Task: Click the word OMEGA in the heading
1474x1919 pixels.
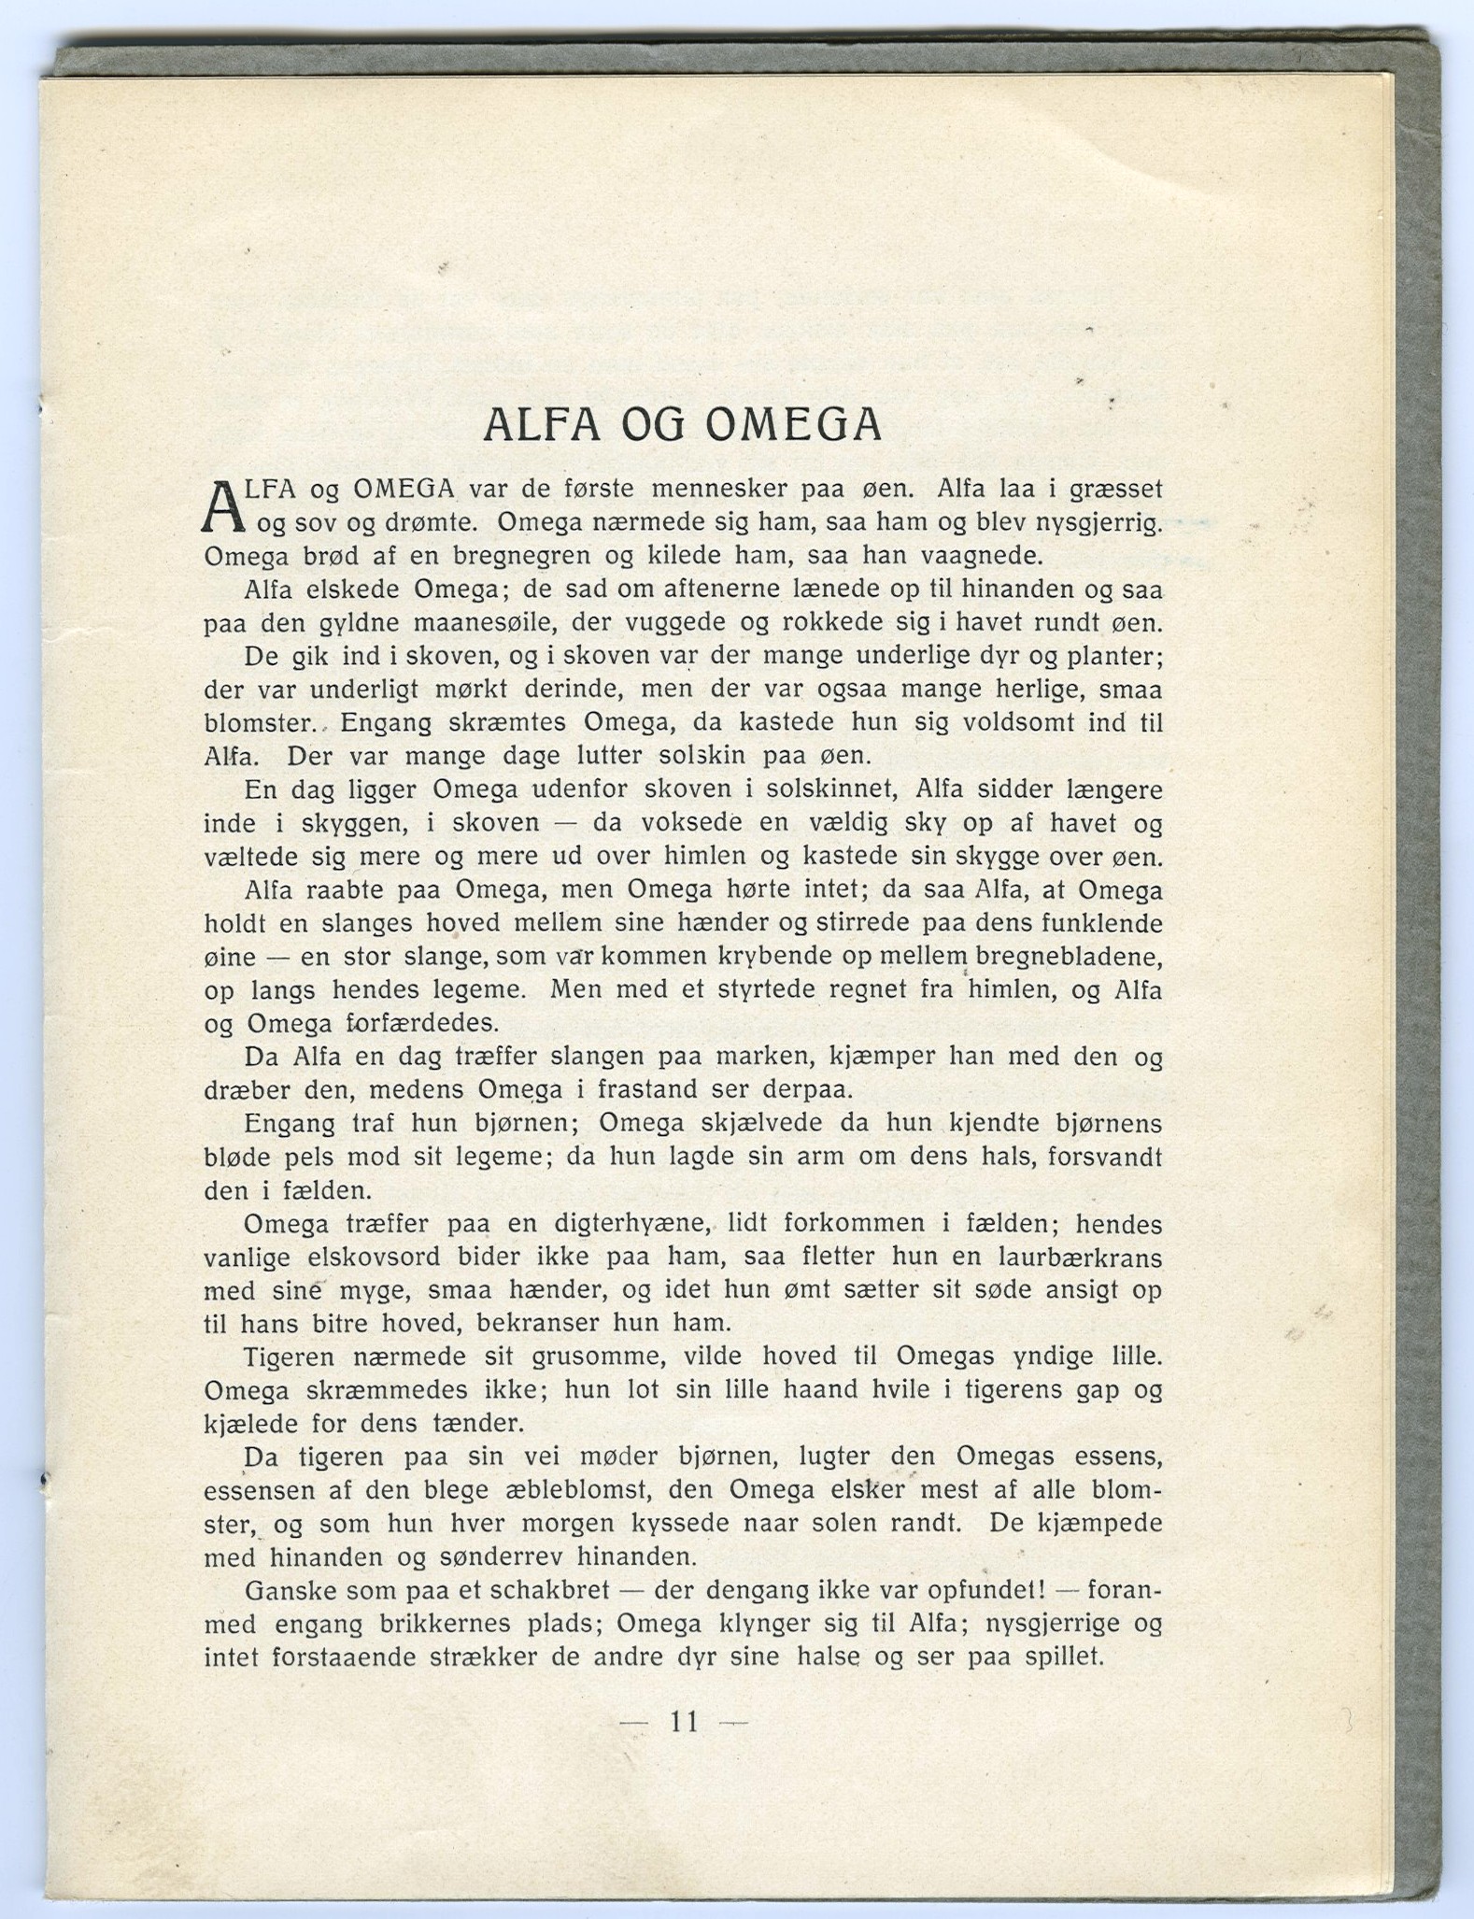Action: point(794,425)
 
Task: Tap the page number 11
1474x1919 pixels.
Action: point(684,1721)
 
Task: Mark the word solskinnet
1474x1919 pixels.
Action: point(831,790)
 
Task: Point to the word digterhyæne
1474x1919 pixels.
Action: point(625,1224)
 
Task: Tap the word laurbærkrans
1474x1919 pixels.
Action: point(1083,1258)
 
